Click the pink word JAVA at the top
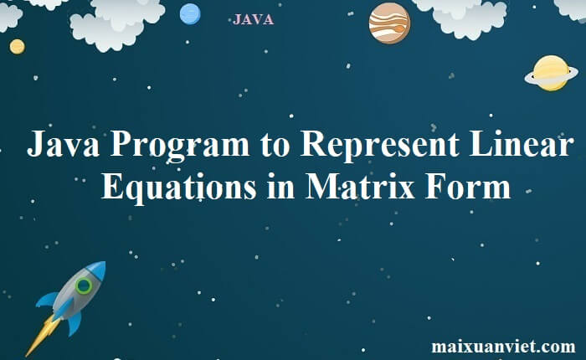click(x=253, y=19)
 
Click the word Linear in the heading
click(x=522, y=144)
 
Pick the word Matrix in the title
click(x=360, y=186)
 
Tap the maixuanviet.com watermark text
click(x=503, y=346)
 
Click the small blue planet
click(x=190, y=14)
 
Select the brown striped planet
click(x=389, y=23)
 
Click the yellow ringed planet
click(x=551, y=74)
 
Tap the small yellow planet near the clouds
click(x=18, y=47)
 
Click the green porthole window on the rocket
click(x=84, y=286)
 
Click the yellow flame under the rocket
click(x=42, y=336)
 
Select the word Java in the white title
click(x=63, y=144)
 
